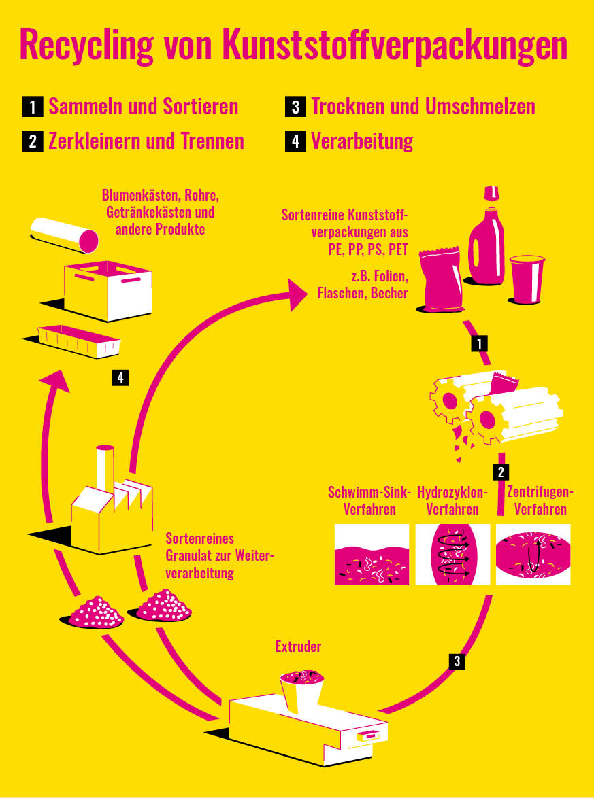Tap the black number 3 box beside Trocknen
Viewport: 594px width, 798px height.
(295, 107)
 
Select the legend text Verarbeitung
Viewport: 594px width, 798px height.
(362, 141)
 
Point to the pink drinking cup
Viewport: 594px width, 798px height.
(527, 279)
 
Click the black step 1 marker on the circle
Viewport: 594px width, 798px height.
(480, 343)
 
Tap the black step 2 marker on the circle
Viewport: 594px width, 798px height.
(501, 472)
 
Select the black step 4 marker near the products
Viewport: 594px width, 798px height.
(120, 377)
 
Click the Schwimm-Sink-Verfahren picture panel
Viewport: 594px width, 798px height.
(372, 555)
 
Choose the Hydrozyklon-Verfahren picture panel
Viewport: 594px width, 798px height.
(452, 555)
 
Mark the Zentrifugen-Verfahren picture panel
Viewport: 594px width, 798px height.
(533, 555)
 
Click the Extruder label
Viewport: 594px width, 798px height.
(298, 646)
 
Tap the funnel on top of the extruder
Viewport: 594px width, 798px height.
(301, 687)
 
